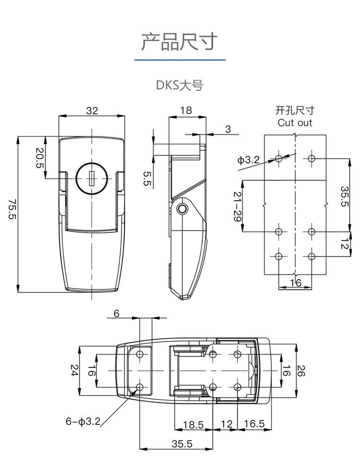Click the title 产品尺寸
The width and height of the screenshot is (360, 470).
click(179, 42)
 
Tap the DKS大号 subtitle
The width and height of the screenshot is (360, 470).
click(180, 85)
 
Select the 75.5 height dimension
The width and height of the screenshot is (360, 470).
click(12, 209)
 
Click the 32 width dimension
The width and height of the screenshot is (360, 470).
click(92, 110)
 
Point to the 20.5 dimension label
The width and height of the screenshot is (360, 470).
click(39, 157)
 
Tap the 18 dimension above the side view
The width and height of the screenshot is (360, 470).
click(186, 110)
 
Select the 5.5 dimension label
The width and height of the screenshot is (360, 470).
click(147, 178)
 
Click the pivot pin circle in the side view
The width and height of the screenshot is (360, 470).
click(181, 209)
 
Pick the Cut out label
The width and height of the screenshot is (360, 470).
click(295, 122)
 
